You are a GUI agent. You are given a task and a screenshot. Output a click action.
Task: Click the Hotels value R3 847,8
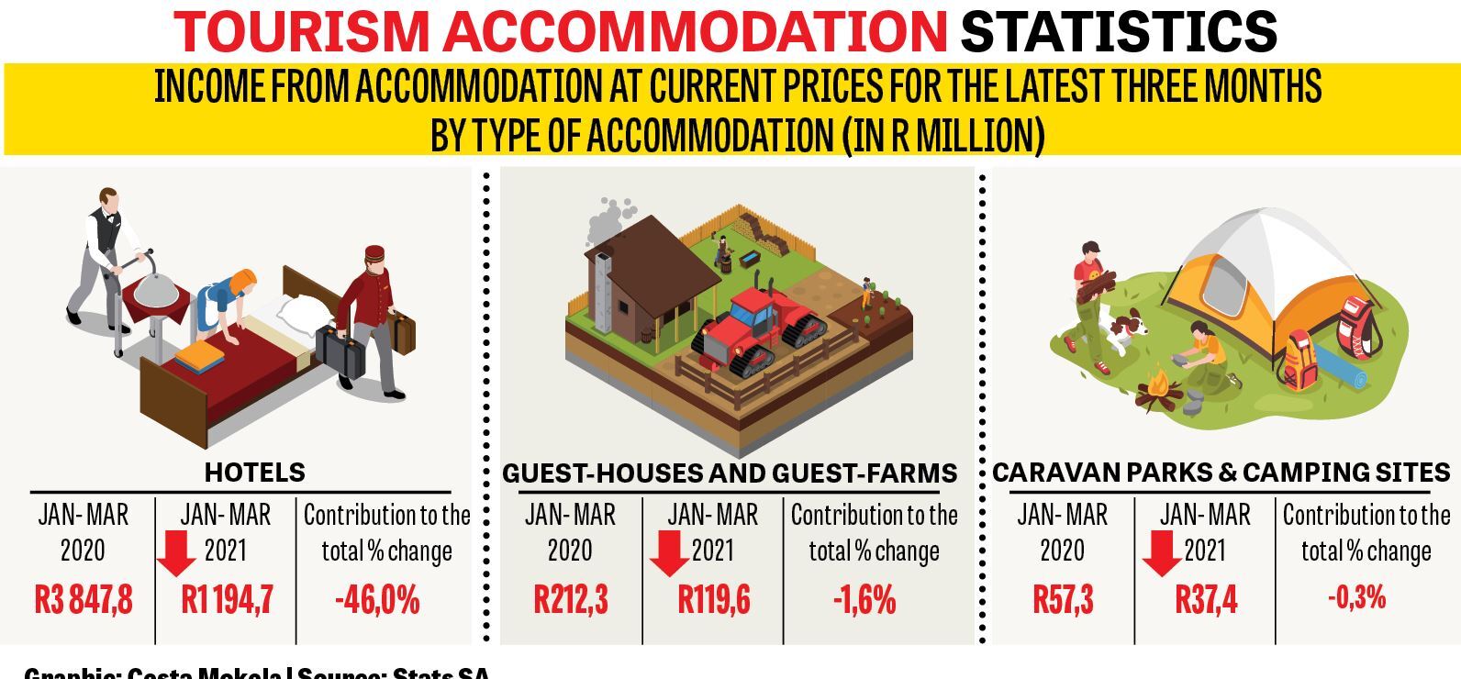[84, 600]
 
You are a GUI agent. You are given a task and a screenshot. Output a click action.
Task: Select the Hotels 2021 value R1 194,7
[227, 600]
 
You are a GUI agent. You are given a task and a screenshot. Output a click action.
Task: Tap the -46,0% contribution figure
[377, 600]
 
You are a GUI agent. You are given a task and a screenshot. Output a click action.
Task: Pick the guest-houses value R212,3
[571, 600]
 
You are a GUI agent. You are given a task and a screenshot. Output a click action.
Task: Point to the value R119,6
[714, 600]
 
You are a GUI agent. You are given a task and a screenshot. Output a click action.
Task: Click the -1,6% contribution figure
[864, 600]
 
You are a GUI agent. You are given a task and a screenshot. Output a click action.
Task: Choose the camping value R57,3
[1063, 600]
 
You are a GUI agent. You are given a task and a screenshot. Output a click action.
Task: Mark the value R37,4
[1206, 600]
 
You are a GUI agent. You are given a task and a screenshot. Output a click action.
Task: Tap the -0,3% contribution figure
[1356, 598]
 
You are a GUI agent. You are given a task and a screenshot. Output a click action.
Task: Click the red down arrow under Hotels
[175, 553]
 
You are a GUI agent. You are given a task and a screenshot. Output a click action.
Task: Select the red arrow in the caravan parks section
[1162, 553]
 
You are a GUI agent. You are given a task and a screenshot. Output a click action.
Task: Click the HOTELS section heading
[254, 473]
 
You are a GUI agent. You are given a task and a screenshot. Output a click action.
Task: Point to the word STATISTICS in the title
[1119, 31]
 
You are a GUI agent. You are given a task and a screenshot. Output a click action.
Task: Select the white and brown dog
[1124, 329]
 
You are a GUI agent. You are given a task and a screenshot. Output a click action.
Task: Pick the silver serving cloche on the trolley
[157, 273]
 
